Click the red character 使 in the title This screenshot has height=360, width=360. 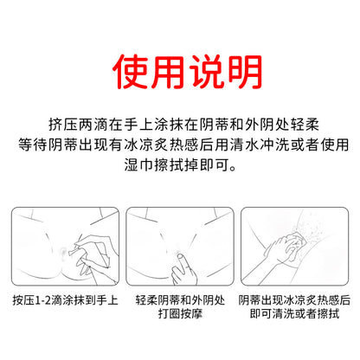tap(131, 71)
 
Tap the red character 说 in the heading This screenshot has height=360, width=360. tap(207, 71)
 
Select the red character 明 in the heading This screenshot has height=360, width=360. tap(245, 71)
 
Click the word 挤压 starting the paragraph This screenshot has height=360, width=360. tap(63, 125)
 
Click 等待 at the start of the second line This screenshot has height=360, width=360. tap(33, 145)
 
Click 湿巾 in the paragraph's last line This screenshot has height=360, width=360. tap(138, 164)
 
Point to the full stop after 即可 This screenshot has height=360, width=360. tap(233, 168)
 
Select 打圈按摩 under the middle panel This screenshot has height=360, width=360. tap(180, 313)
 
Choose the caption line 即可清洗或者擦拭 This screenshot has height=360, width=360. tap(294, 313)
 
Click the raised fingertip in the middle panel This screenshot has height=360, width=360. tap(179, 257)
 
